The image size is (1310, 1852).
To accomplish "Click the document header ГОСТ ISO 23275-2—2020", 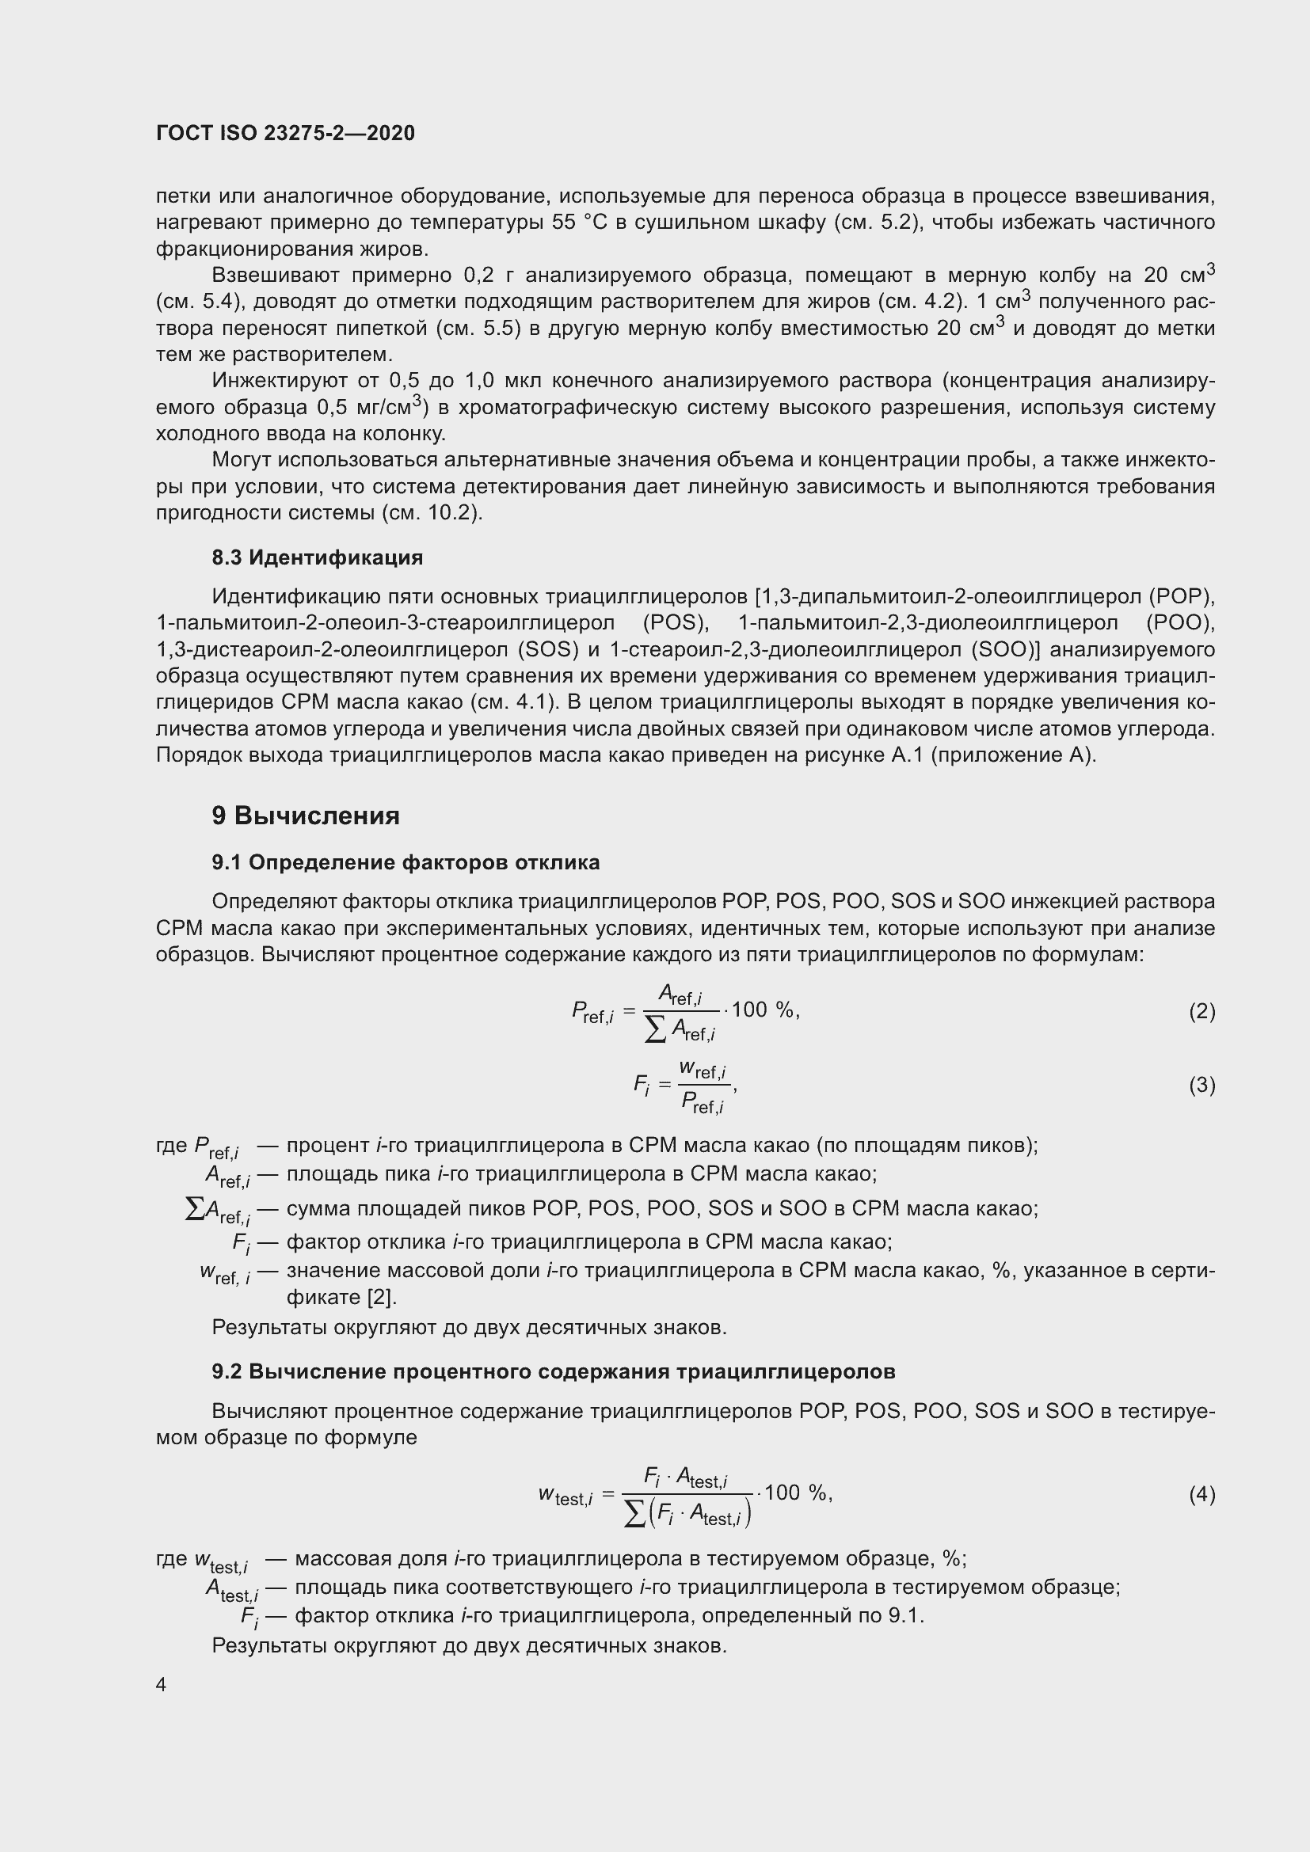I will [286, 133].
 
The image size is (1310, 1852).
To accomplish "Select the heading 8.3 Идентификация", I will [317, 557].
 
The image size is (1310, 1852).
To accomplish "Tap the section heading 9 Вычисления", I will [306, 816].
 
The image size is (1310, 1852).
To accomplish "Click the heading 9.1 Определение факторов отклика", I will [406, 862].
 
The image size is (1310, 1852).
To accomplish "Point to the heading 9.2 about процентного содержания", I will [554, 1371].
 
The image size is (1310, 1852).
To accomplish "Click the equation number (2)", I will [1201, 1011].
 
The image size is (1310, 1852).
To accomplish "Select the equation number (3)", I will [1201, 1085].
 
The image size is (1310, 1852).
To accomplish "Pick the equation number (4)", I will [1201, 1495].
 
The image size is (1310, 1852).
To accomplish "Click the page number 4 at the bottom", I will [162, 1685].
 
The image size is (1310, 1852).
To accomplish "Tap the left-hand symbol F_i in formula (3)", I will [642, 1086].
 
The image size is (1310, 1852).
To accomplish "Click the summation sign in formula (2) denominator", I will [656, 1029].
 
